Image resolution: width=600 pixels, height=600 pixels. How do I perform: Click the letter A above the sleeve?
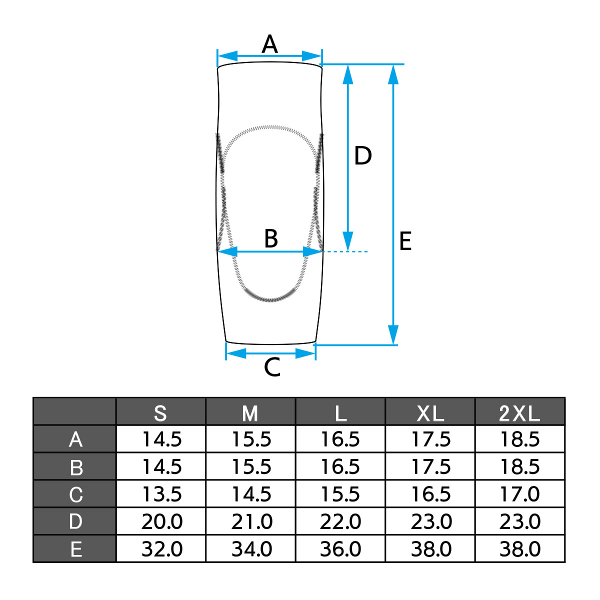(x=270, y=44)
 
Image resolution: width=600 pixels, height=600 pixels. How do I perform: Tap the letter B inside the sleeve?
(x=271, y=238)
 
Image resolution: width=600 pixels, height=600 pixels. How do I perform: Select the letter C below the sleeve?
(x=272, y=367)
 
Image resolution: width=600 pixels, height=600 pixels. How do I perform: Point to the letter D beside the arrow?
(x=363, y=156)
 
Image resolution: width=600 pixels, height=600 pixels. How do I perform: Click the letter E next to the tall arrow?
(x=405, y=241)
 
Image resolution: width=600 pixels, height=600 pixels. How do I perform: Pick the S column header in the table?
(x=160, y=413)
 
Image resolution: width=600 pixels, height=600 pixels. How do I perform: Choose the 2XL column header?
(x=519, y=413)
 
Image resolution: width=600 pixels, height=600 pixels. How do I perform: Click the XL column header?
(x=430, y=413)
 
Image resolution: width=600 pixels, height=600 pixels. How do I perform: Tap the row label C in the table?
(x=75, y=494)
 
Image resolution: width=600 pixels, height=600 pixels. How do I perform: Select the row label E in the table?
(x=75, y=549)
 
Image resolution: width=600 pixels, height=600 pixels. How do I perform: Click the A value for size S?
(x=161, y=439)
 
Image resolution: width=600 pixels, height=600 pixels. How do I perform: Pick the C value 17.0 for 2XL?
(x=519, y=494)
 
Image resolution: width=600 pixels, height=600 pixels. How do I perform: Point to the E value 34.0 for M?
(x=251, y=549)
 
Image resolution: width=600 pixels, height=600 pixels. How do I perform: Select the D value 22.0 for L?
(x=340, y=521)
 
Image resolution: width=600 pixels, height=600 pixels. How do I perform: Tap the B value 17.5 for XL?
(x=430, y=467)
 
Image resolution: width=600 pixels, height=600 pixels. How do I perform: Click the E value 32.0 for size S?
(x=161, y=549)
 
